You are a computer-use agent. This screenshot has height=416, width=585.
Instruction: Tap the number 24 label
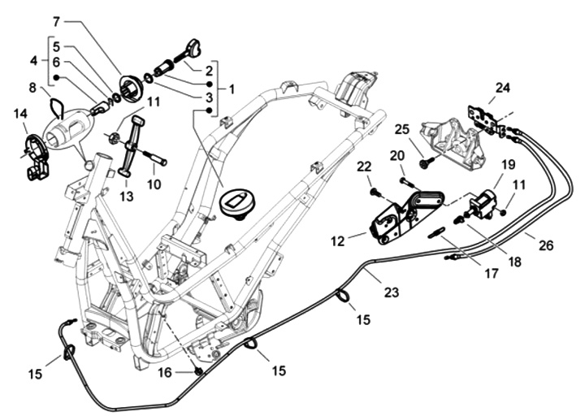[x=504, y=88]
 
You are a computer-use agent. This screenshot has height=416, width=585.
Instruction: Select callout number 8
[x=32, y=87]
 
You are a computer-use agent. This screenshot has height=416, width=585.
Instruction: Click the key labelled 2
[x=193, y=48]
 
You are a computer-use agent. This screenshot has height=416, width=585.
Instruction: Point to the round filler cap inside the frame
[x=238, y=201]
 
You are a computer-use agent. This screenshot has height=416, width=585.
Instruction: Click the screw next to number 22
[x=375, y=192]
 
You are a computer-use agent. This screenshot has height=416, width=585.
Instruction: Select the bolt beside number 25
[x=424, y=163]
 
